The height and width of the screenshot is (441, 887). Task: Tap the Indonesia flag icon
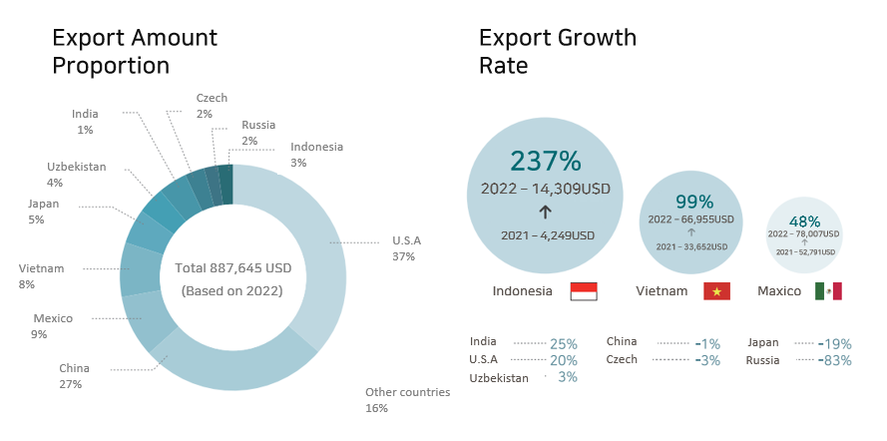pyautogui.click(x=584, y=291)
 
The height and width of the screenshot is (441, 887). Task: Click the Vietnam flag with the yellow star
pyautogui.click(x=716, y=291)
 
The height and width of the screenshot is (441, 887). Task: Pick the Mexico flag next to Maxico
pyautogui.click(x=828, y=291)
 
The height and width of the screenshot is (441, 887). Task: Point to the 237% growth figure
pyautogui.click(x=545, y=161)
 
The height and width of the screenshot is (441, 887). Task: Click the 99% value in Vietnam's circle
pyautogui.click(x=690, y=203)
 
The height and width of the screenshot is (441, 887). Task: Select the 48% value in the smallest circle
pyautogui.click(x=804, y=221)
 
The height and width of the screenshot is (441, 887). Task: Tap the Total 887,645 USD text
pyautogui.click(x=232, y=268)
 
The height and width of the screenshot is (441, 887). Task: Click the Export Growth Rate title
pyautogui.click(x=557, y=52)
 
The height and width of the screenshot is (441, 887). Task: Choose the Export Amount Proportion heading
pyautogui.click(x=134, y=52)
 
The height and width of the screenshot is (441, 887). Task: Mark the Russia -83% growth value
pyautogui.click(x=835, y=360)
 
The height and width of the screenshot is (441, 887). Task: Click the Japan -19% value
pyautogui.click(x=835, y=343)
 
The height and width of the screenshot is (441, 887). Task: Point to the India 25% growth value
pyautogui.click(x=564, y=343)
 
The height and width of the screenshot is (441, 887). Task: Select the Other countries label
pyautogui.click(x=407, y=392)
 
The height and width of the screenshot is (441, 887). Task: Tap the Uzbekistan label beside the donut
pyautogui.click(x=76, y=168)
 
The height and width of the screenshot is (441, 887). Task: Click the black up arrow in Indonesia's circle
pyautogui.click(x=545, y=212)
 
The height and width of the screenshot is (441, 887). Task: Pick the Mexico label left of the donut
pyautogui.click(x=53, y=318)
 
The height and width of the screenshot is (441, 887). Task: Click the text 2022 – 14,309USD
pyautogui.click(x=545, y=188)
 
